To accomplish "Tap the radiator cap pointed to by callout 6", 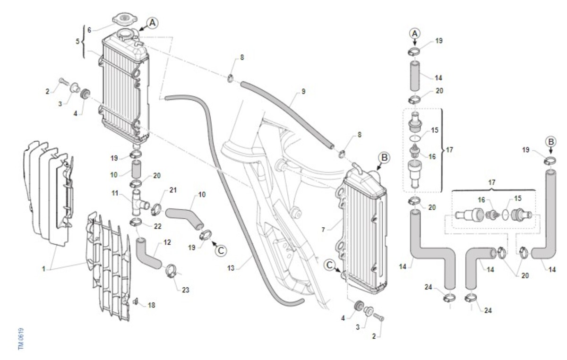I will point(124,20).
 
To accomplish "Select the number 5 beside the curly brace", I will point(78,41).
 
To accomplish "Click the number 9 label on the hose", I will point(303,91).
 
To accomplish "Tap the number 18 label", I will point(151,306).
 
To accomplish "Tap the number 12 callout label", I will point(167,242).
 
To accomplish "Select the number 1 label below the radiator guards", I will point(43,268).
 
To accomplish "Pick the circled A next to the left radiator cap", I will point(152,22).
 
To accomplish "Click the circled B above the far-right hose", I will point(550,141).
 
